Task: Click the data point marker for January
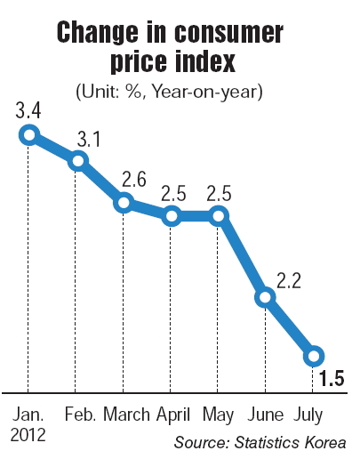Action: (29, 135)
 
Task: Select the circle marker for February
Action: (78, 161)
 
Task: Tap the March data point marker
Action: (124, 203)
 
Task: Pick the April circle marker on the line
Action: (172, 216)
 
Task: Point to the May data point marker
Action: (219, 216)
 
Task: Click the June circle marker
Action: (265, 297)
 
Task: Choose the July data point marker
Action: (314, 356)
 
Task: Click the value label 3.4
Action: (28, 111)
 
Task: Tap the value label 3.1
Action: (89, 139)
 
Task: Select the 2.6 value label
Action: (134, 180)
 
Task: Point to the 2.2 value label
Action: (289, 280)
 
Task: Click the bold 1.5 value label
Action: (332, 378)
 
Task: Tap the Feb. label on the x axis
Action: (80, 415)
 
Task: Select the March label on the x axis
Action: (126, 415)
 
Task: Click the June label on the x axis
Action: (266, 415)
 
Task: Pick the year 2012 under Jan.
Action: (28, 435)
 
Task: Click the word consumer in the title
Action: (228, 32)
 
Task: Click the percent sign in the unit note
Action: (134, 91)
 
